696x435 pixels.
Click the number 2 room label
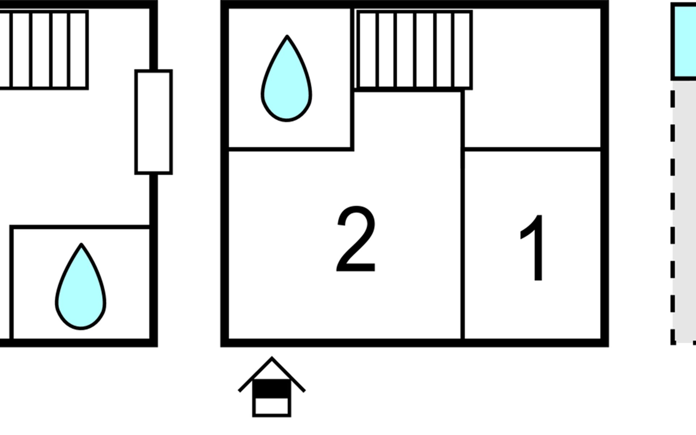tap(356, 239)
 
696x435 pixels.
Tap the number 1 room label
tap(533, 248)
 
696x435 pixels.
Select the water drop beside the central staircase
tap(286, 78)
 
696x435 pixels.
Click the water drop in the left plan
tap(80, 286)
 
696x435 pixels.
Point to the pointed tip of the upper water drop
tap(287, 36)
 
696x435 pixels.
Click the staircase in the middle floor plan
tap(414, 50)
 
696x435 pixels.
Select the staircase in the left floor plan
tap(43, 50)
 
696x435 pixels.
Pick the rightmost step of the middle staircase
tap(463, 50)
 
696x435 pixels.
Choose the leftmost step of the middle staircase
tap(367, 50)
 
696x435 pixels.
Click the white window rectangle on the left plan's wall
tap(154, 122)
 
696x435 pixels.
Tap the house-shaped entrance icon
tap(272, 387)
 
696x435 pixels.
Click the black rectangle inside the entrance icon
tap(272, 389)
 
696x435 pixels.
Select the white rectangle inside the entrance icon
tap(272, 406)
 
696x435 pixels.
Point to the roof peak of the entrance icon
tap(272, 357)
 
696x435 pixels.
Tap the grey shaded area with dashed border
tap(685, 212)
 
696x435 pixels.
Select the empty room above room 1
tap(532, 78)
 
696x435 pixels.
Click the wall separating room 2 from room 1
tap(463, 216)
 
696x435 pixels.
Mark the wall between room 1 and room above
tap(532, 149)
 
